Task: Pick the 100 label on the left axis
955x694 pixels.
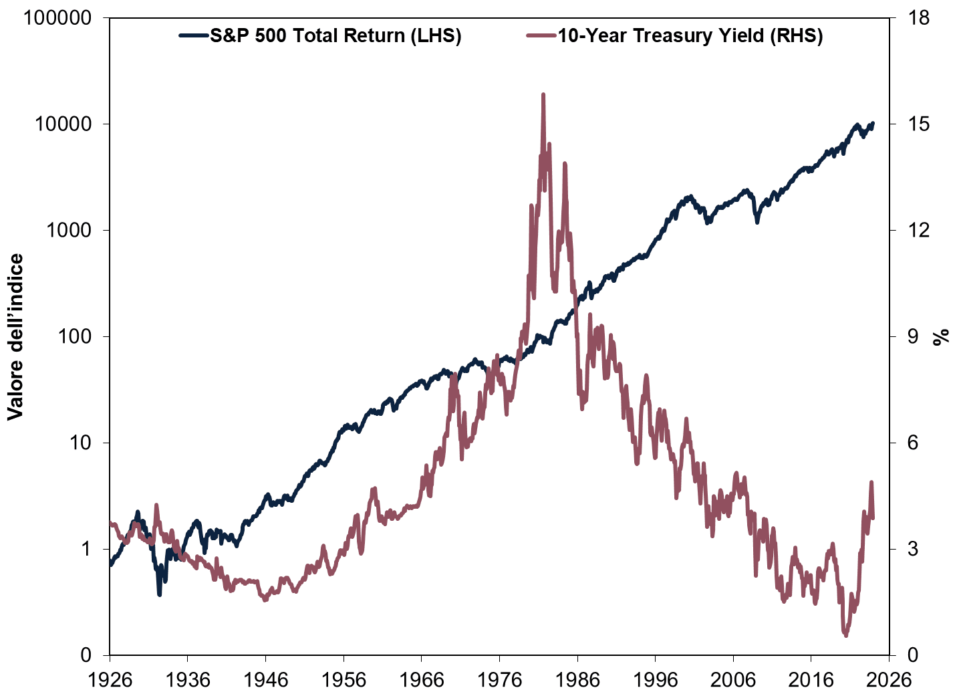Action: (73, 336)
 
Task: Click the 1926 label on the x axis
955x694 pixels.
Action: (110, 679)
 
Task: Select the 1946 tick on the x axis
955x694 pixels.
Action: (265, 679)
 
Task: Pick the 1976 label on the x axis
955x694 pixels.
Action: (499, 679)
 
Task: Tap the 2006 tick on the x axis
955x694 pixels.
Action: (733, 679)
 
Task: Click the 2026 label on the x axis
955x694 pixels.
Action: (888, 679)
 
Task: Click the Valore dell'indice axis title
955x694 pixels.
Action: (15, 336)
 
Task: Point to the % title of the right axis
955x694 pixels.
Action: (941, 336)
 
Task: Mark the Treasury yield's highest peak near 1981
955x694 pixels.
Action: (543, 95)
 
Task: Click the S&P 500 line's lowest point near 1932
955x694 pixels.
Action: (159, 594)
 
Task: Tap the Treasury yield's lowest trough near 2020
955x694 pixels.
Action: (845, 635)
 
